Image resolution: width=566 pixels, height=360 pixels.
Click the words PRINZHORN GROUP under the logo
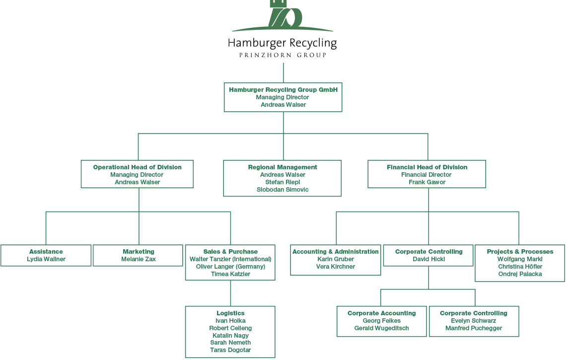tap(283, 55)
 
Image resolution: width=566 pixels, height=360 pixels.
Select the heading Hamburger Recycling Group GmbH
tap(283, 89)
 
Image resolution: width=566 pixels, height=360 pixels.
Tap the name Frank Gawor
tap(427, 182)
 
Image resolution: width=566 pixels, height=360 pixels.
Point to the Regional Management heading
tap(283, 167)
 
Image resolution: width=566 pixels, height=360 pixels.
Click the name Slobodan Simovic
tap(283, 190)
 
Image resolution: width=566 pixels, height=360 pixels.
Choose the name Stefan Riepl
tap(283, 182)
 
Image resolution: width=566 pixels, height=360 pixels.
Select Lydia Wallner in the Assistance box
tap(46, 259)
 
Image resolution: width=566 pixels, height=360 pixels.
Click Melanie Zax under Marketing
tap(139, 259)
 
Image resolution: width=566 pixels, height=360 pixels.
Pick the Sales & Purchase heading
tap(231, 251)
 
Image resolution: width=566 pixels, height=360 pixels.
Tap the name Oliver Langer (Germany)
tap(231, 267)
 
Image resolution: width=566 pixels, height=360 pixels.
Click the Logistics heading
tap(231, 313)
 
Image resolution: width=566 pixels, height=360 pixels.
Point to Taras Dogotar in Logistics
tap(231, 350)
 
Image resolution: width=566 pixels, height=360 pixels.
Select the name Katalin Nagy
tap(231, 336)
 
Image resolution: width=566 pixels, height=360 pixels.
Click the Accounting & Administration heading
tap(336, 251)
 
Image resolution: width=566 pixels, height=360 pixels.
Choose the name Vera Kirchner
tap(336, 267)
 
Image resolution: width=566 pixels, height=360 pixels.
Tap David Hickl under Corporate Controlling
tap(429, 259)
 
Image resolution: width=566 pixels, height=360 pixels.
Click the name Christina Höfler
tap(520, 267)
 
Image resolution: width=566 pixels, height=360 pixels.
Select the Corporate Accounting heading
tap(382, 313)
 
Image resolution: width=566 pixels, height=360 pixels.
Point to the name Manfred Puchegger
tap(474, 328)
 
